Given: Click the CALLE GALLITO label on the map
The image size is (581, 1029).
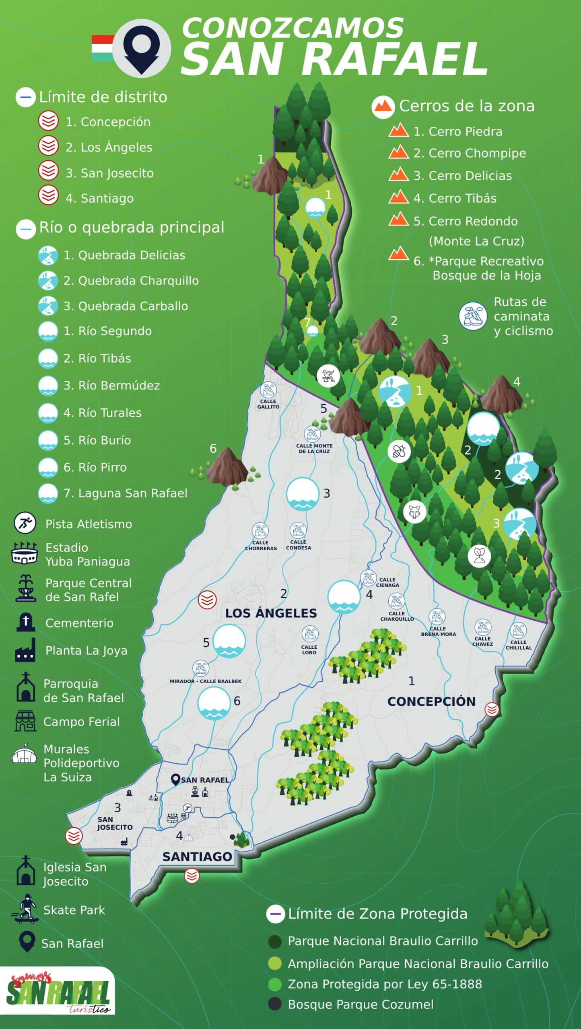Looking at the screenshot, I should [268, 404].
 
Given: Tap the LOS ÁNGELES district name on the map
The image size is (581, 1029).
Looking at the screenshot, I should [271, 613].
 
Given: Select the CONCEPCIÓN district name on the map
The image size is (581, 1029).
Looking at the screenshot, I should [431, 701].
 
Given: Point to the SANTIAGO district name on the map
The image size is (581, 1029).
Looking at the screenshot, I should [197, 857].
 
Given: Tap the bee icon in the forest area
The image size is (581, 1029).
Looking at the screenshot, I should [399, 451].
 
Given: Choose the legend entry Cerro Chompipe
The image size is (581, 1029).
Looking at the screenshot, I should [469, 153].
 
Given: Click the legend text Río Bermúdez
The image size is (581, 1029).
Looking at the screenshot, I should [111, 385].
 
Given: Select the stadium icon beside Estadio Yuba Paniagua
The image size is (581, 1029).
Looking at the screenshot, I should [25, 553].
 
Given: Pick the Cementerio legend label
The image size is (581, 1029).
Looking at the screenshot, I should [79, 623].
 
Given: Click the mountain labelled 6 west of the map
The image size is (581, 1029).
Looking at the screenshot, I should [227, 466].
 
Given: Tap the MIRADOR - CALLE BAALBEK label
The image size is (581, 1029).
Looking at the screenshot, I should [206, 681].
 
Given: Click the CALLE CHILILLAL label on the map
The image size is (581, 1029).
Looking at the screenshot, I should [519, 645].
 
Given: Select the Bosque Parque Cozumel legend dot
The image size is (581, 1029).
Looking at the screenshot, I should [275, 1004].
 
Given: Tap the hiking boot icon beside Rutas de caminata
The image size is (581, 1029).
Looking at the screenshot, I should [473, 316].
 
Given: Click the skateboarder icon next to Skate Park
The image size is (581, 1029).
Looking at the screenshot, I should [25, 910].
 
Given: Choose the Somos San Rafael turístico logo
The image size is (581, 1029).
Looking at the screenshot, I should [58, 991].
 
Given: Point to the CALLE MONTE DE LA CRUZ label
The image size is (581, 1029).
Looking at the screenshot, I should [314, 449].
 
